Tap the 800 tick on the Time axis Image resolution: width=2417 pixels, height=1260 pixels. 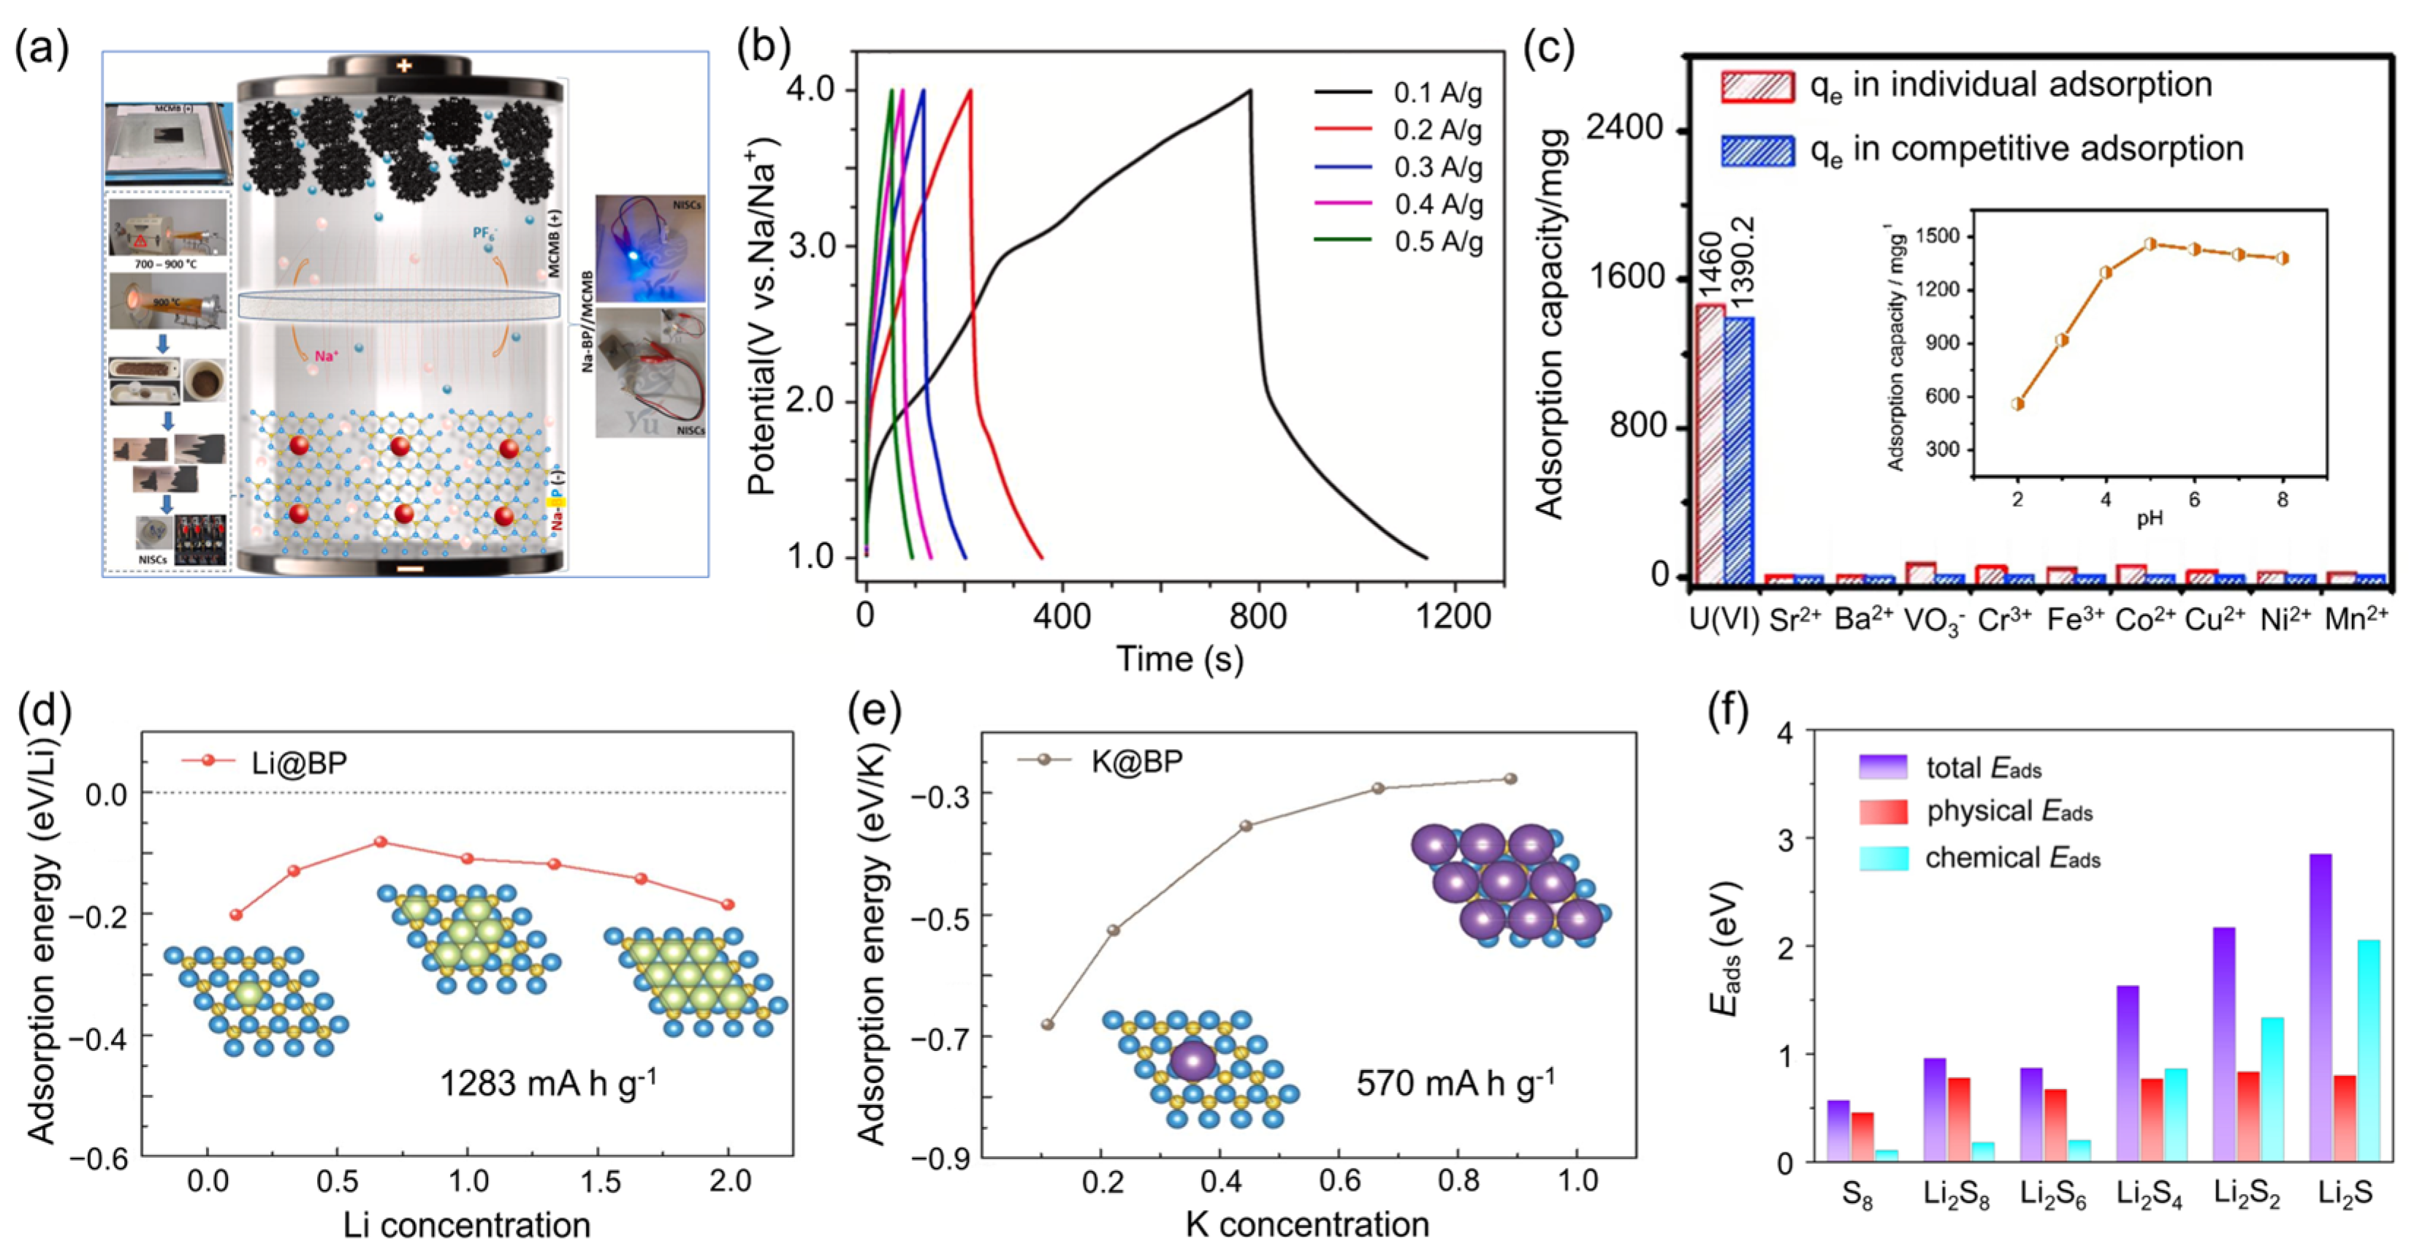point(1258,616)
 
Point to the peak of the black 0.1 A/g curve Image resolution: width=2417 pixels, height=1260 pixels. point(1250,91)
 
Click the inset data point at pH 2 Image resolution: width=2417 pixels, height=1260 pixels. point(2017,404)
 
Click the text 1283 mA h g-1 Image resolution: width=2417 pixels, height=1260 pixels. point(548,1084)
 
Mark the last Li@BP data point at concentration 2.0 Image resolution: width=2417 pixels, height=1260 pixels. point(727,904)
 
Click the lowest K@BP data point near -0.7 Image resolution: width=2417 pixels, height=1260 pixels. point(1048,1025)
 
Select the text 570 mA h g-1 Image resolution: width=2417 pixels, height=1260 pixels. point(1454,1084)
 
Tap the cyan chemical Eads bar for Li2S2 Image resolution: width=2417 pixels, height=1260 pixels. point(2272,1088)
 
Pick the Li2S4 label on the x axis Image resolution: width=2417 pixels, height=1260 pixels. point(2149,1194)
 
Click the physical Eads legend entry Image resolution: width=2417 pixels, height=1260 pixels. point(2008,811)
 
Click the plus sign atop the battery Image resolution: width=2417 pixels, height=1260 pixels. point(403,66)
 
